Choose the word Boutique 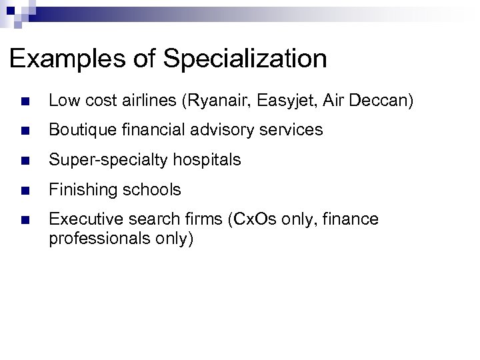pyautogui.click(x=79, y=131)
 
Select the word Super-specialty pyautogui.click(x=99, y=161)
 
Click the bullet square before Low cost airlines pyautogui.click(x=25, y=101)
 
